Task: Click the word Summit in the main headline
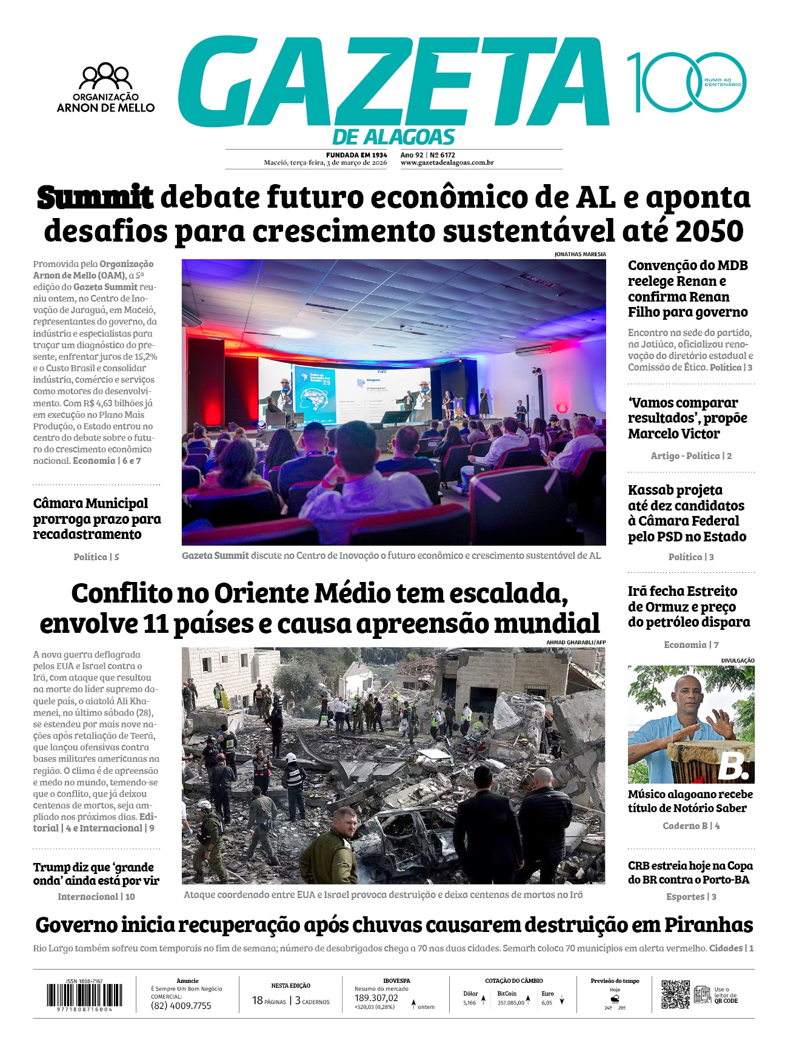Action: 95,198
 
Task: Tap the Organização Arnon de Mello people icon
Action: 105,76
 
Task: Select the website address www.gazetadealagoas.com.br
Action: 447,163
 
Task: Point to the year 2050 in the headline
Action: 709,231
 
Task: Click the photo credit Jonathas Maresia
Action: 579,254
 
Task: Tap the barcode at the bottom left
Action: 84,995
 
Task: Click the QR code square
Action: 675,994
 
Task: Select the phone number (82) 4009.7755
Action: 181,1006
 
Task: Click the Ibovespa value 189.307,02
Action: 376,998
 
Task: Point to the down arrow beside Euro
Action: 562,1001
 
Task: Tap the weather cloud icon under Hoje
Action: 615,999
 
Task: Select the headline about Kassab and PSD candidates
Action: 687,513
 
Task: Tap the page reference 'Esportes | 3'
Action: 691,897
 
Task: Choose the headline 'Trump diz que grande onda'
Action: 96,874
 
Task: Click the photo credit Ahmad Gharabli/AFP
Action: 575,643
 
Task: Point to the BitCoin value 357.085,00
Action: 510,1003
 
